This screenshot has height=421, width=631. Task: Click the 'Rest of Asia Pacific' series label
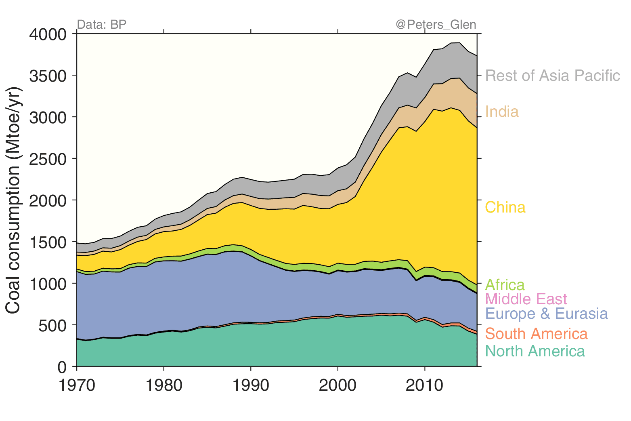[552, 76]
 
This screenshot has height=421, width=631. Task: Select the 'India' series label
[502, 112]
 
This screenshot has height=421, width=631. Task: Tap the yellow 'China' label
[505, 207]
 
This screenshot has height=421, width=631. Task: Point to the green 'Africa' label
[505, 285]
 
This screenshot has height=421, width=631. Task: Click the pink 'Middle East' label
[526, 299]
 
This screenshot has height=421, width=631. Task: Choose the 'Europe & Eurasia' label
[546, 314]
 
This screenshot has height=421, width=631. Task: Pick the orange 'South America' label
[536, 334]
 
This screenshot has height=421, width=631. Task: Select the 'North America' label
[535, 351]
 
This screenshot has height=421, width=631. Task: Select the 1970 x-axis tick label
[77, 385]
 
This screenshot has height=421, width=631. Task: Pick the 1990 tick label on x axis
[251, 385]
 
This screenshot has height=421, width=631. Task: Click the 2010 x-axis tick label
[425, 385]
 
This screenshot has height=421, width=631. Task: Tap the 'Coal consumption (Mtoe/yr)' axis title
[13, 200]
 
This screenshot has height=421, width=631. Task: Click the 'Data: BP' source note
[101, 25]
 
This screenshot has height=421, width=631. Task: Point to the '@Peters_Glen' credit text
[436, 25]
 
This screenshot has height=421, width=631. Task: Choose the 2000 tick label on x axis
[338, 385]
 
